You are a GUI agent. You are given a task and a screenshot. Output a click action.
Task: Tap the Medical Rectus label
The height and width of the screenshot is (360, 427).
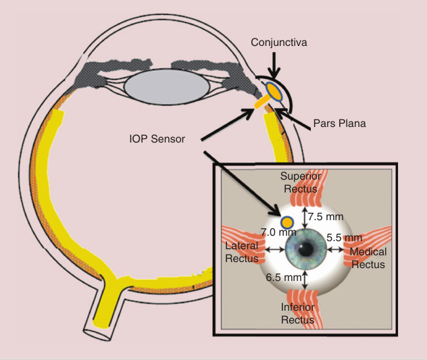(x=368, y=258)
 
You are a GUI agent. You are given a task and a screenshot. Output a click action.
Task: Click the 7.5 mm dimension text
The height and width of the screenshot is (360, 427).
(x=326, y=217)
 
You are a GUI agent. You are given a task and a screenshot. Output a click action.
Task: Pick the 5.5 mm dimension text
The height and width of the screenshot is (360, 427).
(x=345, y=237)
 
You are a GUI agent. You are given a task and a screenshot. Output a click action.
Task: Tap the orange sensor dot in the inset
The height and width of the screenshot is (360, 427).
(x=286, y=222)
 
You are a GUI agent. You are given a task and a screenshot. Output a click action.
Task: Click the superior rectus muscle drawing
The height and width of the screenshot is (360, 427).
(x=306, y=196)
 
